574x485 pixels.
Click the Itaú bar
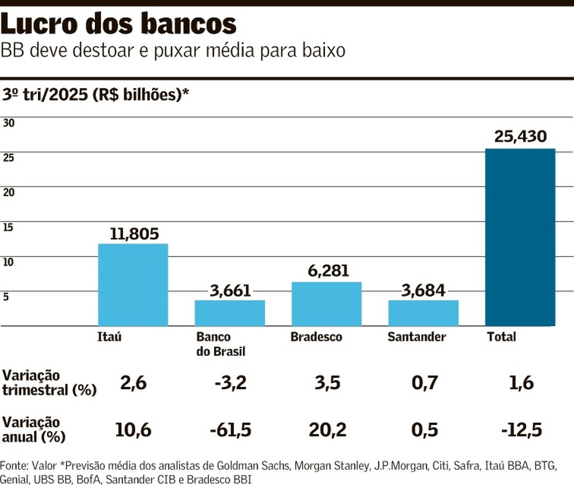(x=132, y=285)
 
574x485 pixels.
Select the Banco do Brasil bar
(x=229, y=313)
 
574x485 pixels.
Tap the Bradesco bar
(x=326, y=304)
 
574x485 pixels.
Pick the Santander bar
(x=423, y=313)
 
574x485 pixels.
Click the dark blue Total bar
(x=520, y=237)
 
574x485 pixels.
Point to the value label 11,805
(x=134, y=234)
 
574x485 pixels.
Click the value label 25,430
(x=520, y=137)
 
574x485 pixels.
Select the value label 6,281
(x=328, y=272)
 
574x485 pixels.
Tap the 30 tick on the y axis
(x=9, y=123)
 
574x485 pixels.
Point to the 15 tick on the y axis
(x=8, y=227)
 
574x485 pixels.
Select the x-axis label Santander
(x=416, y=337)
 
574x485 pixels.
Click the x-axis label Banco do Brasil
(x=220, y=344)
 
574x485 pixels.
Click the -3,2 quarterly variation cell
(x=229, y=383)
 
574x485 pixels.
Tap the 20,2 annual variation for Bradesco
(x=327, y=430)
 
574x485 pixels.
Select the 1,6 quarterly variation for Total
(x=520, y=383)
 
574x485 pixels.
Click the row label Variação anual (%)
(x=34, y=429)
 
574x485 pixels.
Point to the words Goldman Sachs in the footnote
(x=254, y=466)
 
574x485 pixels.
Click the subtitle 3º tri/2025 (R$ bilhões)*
(x=96, y=95)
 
